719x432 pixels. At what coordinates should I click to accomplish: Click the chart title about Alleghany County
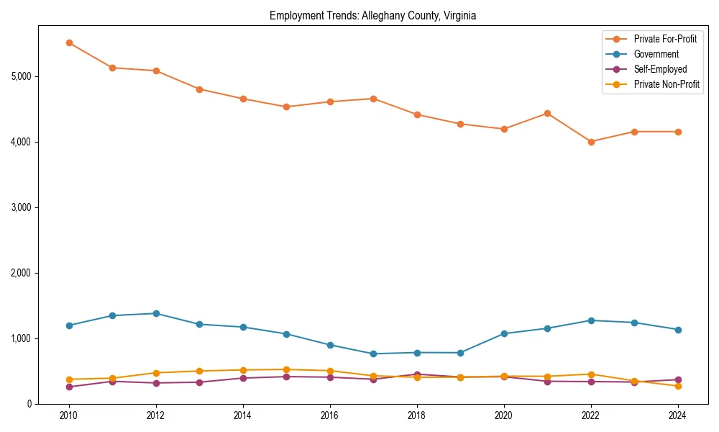pos(372,15)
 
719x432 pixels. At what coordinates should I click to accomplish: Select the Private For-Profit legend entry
pos(665,39)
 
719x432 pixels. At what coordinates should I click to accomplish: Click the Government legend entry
pos(656,54)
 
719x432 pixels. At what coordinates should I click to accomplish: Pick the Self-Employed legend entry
pos(660,69)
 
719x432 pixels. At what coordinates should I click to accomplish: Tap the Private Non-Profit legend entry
pos(667,84)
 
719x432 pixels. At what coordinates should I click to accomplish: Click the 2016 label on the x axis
pos(330,415)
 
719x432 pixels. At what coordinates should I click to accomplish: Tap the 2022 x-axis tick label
pos(591,415)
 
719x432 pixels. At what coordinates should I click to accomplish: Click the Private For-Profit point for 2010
pos(69,42)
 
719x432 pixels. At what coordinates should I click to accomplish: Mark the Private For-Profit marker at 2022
pos(591,142)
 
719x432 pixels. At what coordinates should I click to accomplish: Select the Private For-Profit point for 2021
pos(547,113)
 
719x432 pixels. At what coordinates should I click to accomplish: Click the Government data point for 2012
pos(156,313)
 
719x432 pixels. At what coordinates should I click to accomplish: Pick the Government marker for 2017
pos(373,354)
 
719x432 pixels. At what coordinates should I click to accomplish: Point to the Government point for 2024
pos(678,330)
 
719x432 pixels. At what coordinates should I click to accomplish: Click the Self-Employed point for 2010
pos(69,387)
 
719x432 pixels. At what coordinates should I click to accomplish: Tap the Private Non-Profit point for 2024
pos(678,386)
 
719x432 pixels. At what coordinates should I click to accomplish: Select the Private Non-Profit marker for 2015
pos(286,369)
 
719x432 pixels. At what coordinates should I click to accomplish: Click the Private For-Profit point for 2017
pos(373,99)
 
